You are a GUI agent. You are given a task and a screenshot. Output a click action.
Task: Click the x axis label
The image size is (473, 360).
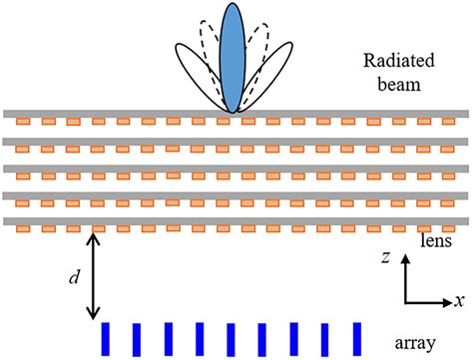click(x=460, y=300)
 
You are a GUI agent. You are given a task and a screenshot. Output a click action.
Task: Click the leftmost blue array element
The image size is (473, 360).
click(x=104, y=336)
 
